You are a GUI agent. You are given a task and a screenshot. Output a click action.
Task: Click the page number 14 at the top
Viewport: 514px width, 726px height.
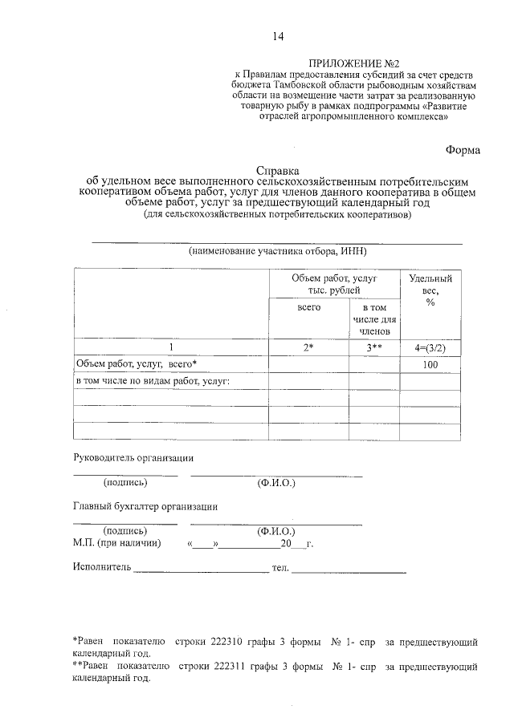(278, 36)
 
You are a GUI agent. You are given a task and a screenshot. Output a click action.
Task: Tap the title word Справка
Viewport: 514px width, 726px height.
(277, 171)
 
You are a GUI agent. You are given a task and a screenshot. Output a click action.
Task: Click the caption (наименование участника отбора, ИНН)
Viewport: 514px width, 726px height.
(277, 251)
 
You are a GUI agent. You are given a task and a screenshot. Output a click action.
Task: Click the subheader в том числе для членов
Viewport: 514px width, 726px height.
(374, 318)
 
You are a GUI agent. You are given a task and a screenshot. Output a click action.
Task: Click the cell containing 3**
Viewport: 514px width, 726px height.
(374, 347)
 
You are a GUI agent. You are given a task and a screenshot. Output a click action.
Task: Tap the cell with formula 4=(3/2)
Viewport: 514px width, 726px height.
(430, 347)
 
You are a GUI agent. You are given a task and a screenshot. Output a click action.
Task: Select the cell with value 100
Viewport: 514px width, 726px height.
(430, 365)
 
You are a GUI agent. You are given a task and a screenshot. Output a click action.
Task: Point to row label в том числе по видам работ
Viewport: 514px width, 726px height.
(153, 381)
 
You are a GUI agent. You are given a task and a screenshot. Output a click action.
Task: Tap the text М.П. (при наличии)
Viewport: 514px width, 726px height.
(116, 543)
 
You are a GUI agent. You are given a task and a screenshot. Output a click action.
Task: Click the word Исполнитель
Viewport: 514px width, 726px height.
(100, 568)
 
